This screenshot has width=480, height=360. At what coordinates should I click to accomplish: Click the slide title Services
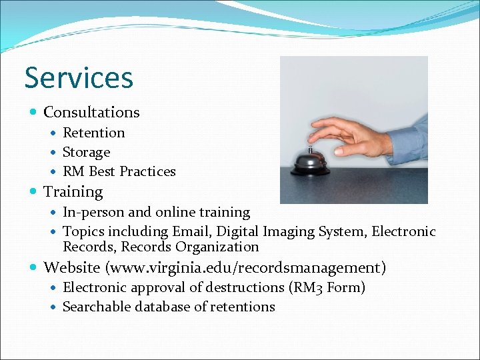79,77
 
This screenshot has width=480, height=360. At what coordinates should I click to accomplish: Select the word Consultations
91,112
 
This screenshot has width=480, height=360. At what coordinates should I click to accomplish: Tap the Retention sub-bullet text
93,133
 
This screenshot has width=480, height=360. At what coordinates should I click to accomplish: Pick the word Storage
86,152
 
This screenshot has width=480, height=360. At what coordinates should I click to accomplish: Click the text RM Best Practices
119,171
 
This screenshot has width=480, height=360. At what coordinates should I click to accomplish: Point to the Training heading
73,192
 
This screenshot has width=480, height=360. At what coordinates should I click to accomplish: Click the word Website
71,267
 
